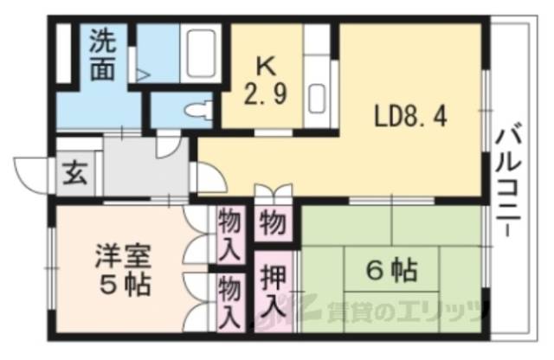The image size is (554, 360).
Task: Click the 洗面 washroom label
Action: [104, 56]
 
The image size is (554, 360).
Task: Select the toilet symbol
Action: [201, 110]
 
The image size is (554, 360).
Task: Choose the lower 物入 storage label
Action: [229, 299]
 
